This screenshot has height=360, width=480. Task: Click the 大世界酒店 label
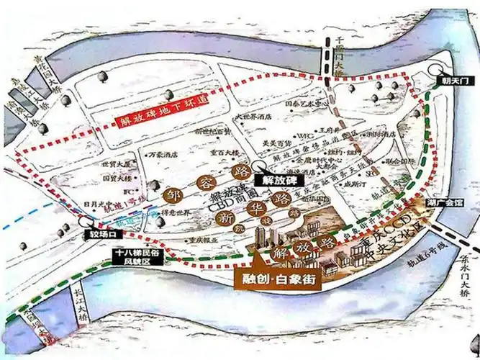pyautogui.click(x=255, y=115)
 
